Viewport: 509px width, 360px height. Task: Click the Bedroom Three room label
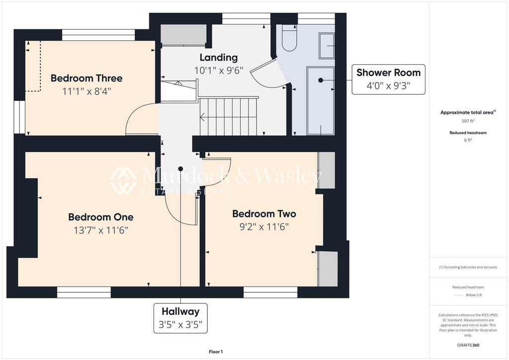pos(86,78)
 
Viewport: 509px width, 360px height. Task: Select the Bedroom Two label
pos(264,214)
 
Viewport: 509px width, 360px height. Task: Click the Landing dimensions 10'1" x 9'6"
pos(218,70)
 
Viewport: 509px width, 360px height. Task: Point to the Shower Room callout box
pos(389,79)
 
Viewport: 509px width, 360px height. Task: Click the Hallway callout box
pos(180,318)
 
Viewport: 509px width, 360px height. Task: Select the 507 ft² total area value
pos(468,121)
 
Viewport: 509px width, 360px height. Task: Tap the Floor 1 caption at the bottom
pos(216,352)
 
